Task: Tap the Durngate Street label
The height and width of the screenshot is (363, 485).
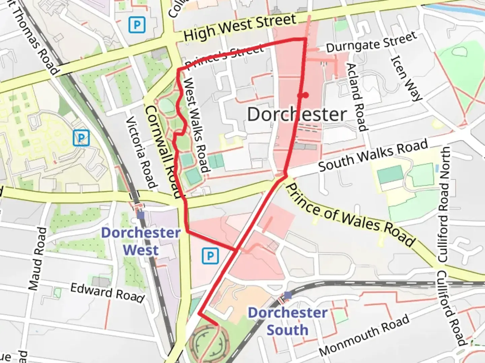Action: pyautogui.click(x=371, y=42)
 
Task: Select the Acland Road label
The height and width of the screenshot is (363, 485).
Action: pyautogui.click(x=356, y=97)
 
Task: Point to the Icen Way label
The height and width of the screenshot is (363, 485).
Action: pyautogui.click(x=406, y=78)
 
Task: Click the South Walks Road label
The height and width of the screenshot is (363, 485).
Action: pyautogui.click(x=373, y=155)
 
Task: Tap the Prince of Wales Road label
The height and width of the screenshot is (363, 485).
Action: pyautogui.click(x=350, y=215)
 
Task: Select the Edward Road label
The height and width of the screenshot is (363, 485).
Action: pyautogui.click(x=107, y=292)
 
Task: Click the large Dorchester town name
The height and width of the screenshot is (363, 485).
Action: pyautogui.click(x=297, y=114)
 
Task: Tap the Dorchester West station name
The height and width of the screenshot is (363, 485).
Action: pyautogui.click(x=141, y=241)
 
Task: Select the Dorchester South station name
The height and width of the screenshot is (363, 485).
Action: pyautogui.click(x=288, y=321)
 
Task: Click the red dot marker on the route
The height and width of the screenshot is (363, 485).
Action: pyautogui.click(x=305, y=95)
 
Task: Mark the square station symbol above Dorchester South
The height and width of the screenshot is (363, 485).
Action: pyautogui.click(x=288, y=295)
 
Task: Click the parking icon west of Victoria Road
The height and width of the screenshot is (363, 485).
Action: pyautogui.click(x=81, y=138)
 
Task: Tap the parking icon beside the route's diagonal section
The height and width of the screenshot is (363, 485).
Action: pyautogui.click(x=210, y=256)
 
